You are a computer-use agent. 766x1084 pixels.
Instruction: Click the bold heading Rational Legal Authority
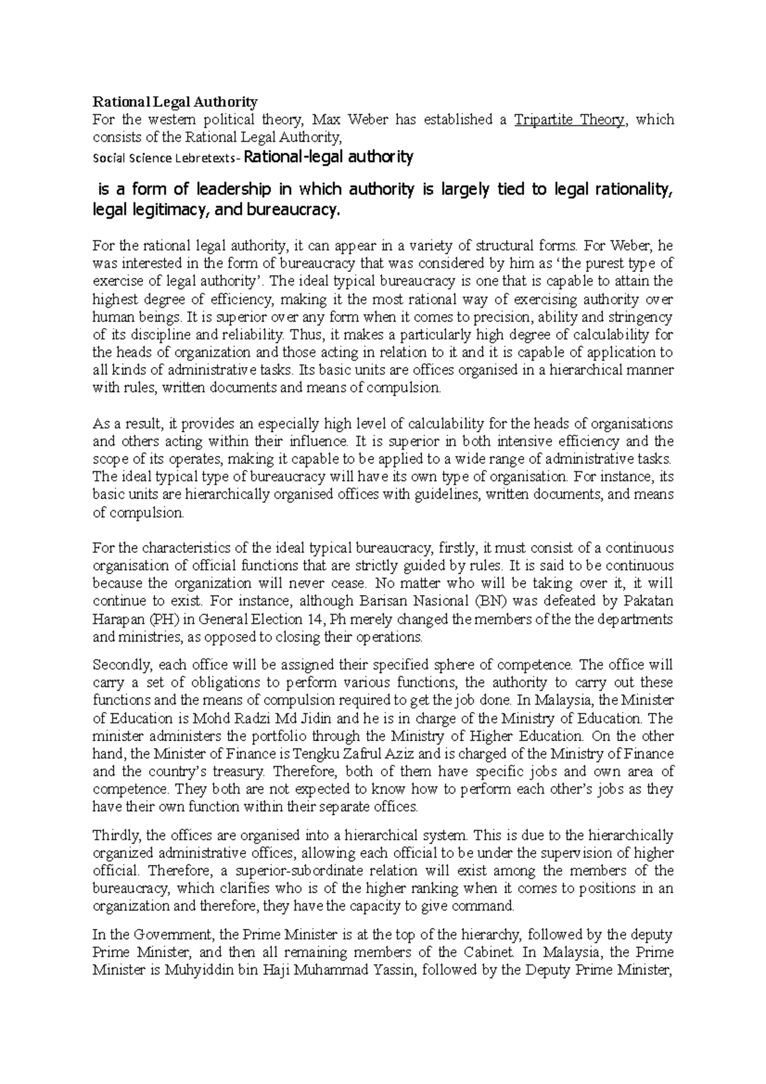(x=175, y=102)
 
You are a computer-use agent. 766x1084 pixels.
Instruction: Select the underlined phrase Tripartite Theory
(x=569, y=119)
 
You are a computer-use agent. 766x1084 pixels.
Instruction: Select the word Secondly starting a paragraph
(x=119, y=665)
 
